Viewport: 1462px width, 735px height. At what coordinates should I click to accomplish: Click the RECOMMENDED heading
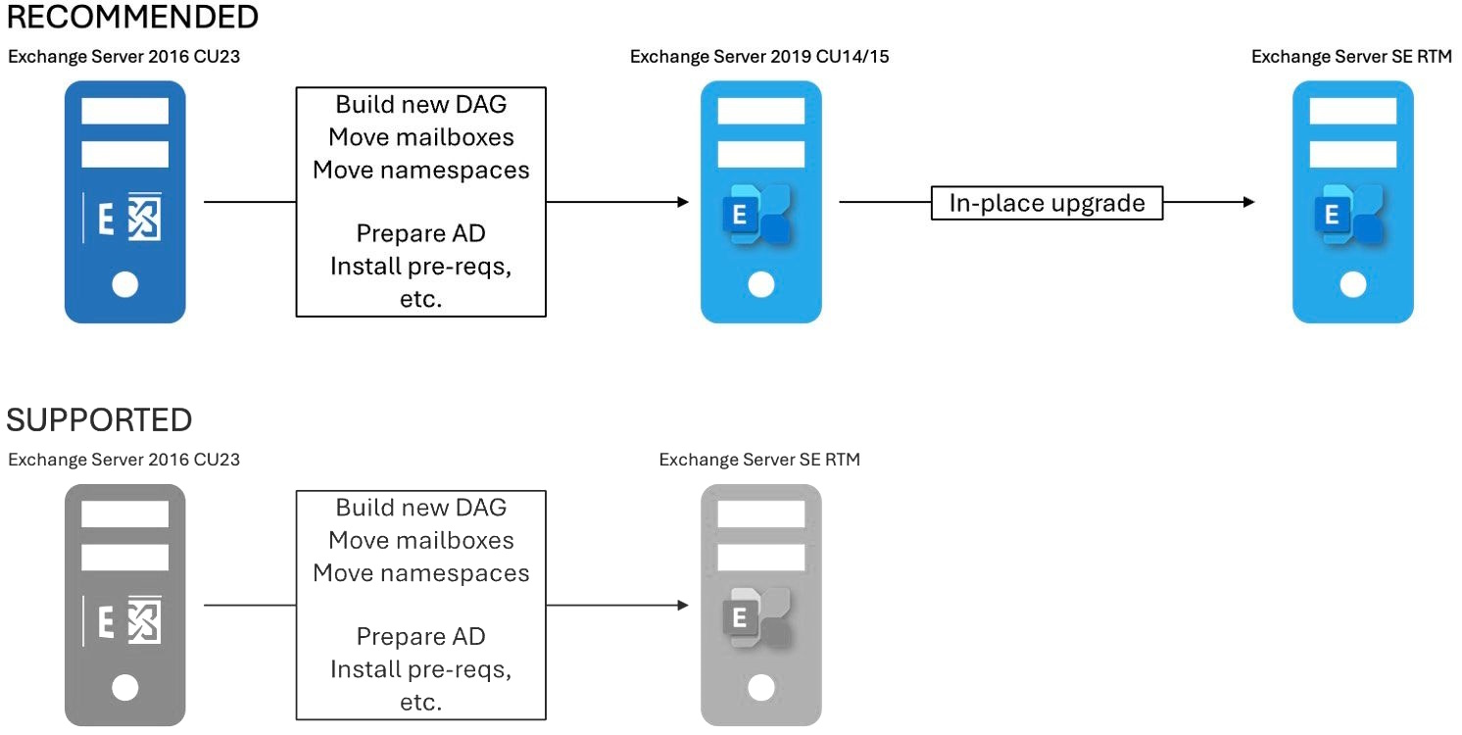133,18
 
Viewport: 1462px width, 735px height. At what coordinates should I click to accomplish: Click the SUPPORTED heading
99,420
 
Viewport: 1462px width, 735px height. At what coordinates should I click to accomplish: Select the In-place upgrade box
1047,203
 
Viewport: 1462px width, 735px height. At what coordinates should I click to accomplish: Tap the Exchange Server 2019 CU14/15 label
759,57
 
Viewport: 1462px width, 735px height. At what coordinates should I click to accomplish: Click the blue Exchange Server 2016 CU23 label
124,57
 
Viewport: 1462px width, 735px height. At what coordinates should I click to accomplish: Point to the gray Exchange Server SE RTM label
759,459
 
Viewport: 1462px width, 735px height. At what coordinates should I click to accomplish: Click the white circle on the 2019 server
760,285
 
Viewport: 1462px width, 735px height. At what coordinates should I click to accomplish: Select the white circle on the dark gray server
125,688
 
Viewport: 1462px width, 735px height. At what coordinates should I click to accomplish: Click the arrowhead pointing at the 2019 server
683,203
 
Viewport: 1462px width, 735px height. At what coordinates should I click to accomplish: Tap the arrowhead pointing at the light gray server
683,605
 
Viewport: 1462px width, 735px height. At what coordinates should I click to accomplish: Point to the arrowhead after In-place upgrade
1248,203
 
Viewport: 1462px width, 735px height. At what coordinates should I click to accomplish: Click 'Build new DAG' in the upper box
420,105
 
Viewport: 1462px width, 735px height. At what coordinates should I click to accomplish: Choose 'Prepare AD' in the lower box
420,636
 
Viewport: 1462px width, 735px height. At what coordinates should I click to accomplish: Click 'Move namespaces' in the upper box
420,170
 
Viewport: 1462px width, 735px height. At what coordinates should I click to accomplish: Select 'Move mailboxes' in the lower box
420,540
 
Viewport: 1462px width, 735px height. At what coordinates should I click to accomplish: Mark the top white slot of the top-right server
1352,111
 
